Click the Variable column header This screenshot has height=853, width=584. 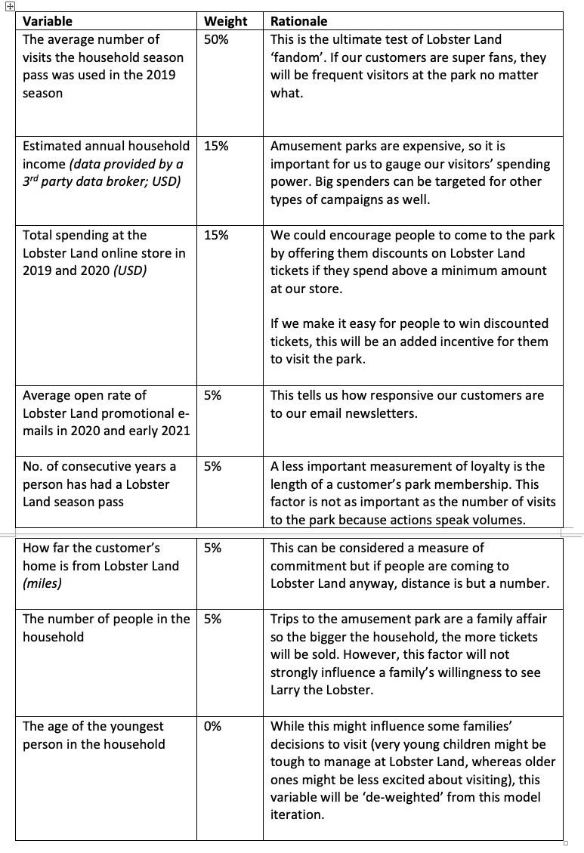coord(48,21)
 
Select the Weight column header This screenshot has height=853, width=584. coord(225,21)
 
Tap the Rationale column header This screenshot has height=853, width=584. coord(299,21)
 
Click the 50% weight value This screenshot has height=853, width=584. coord(216,39)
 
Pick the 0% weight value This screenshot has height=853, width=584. coord(212,726)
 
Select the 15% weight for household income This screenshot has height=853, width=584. coord(216,146)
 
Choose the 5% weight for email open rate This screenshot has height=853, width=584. coord(212,395)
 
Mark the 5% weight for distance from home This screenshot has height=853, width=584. coord(212,548)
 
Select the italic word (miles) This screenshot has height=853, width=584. coord(42,584)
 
